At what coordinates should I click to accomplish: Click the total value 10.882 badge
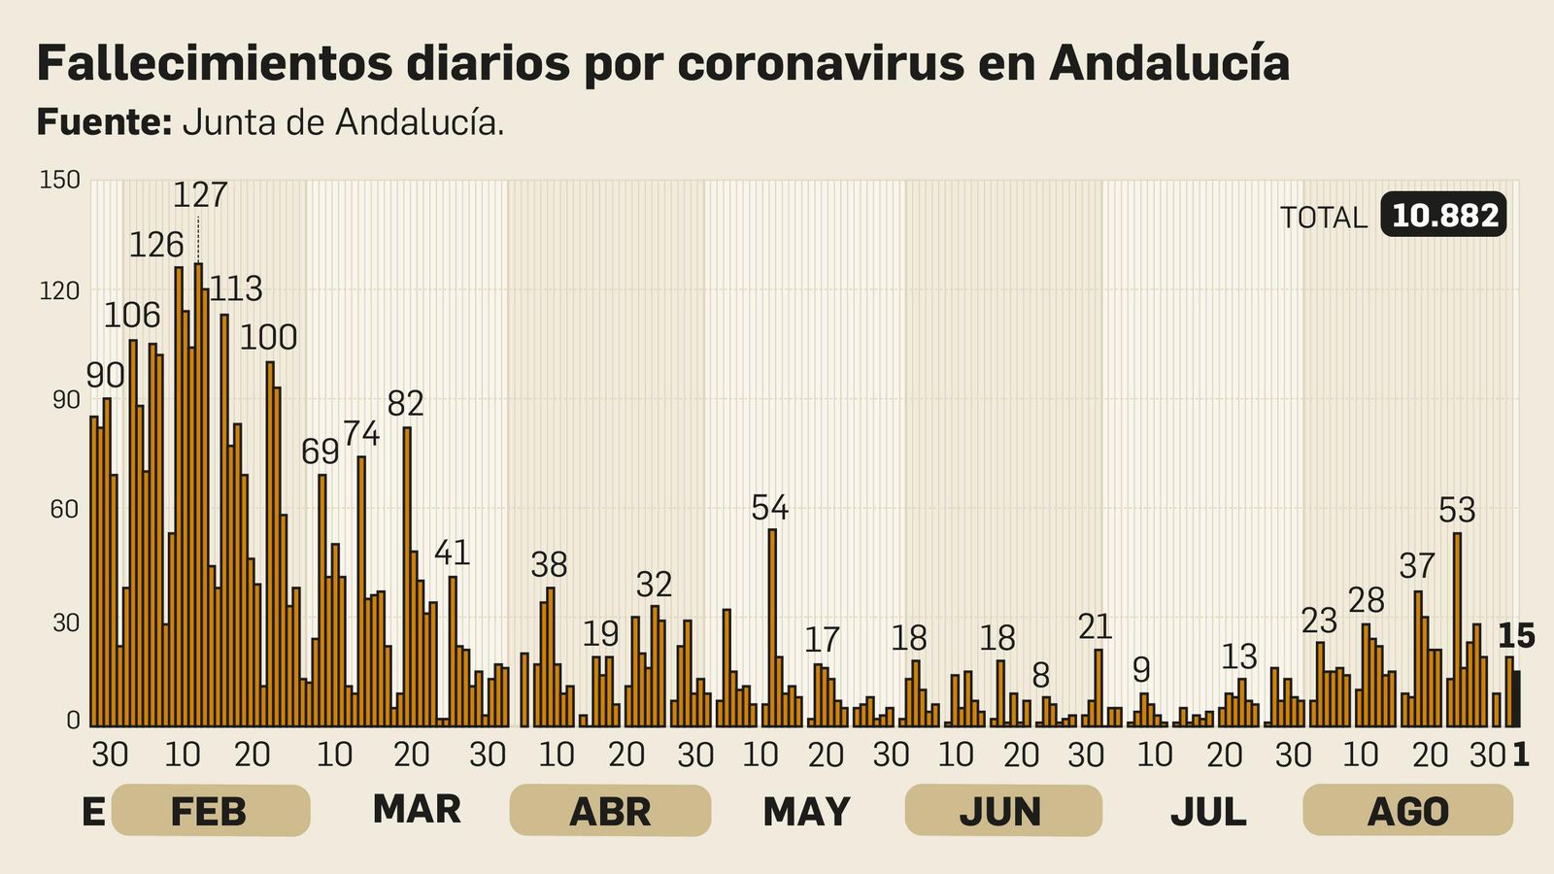1443,216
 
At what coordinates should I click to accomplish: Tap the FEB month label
210,812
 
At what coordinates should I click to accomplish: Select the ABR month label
610,812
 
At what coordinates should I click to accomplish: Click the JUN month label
1001,812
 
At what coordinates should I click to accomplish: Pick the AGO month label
1407,812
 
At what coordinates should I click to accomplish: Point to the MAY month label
806,812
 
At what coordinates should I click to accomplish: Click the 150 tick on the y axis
59,181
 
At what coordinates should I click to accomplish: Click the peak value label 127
200,195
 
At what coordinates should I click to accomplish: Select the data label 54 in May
770,508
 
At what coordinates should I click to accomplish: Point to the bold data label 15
1516,636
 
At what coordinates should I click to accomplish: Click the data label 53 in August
1457,510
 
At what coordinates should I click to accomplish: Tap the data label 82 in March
406,403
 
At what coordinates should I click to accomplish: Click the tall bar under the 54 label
772,631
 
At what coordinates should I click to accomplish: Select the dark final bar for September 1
1516,698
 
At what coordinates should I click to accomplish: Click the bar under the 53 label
1457,631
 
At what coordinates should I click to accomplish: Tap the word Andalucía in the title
1169,63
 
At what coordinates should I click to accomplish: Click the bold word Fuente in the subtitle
104,123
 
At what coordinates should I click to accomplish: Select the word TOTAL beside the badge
1323,218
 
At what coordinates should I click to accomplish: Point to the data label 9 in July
1142,670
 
